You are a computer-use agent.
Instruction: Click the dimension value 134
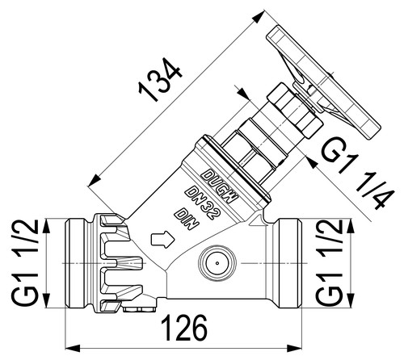[161, 79]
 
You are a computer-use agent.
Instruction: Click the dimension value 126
[186, 328]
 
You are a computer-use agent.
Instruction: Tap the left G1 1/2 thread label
[24, 262]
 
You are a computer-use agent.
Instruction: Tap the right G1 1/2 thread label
[329, 262]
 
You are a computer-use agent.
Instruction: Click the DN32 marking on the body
[204, 203]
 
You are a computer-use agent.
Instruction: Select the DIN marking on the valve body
[187, 219]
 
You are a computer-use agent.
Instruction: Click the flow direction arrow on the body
[163, 239]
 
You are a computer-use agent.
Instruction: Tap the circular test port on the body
[217, 263]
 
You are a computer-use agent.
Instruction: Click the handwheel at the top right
[323, 83]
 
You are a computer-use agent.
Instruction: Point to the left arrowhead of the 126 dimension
[74, 349]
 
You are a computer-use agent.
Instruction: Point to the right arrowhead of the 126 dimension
[294, 349]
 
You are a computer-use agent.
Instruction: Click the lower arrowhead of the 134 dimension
[95, 181]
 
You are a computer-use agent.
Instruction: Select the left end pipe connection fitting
[79, 262]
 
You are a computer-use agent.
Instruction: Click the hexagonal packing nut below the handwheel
[296, 111]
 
